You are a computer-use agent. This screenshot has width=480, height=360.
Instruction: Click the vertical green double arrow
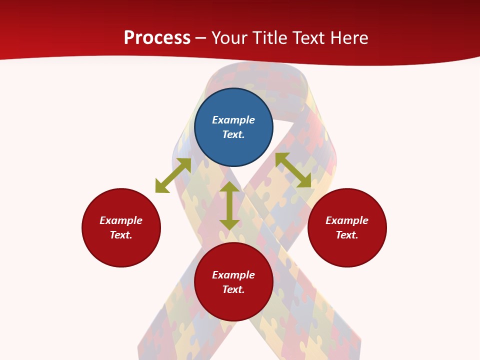[229, 205]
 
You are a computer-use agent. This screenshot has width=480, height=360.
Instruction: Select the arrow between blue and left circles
[173, 175]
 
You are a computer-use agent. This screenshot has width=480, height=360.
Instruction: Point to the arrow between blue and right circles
[293, 170]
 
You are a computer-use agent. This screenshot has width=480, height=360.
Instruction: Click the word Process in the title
[157, 38]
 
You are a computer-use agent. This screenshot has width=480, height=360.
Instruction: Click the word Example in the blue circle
[233, 120]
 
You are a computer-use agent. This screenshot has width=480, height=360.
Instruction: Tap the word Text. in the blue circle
[233, 134]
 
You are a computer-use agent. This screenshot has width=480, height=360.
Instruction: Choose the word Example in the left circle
[121, 220]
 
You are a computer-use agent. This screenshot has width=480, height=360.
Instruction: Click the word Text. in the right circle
[347, 235]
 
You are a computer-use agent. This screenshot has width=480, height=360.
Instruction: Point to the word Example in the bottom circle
[233, 275]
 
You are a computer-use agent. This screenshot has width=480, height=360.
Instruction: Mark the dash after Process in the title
[200, 38]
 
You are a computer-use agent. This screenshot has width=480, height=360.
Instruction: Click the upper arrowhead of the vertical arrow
[229, 187]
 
